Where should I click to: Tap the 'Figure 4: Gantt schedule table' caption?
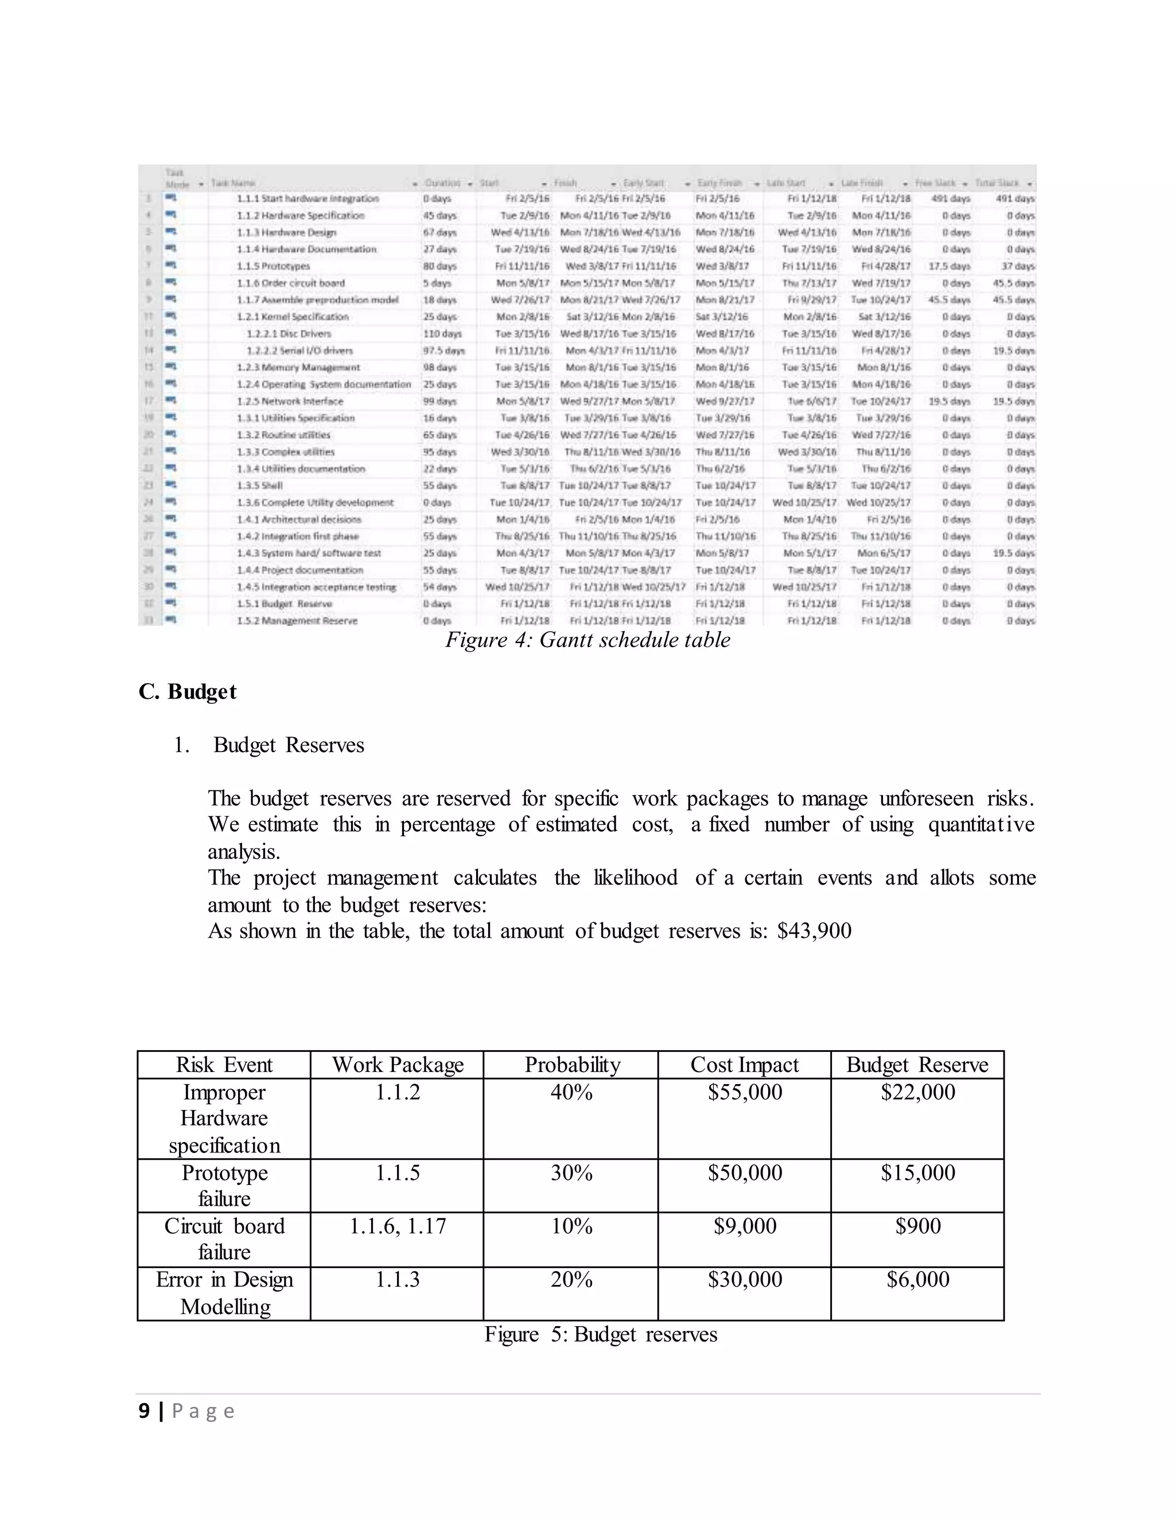click(x=587, y=640)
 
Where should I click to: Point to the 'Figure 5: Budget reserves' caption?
click(x=601, y=1334)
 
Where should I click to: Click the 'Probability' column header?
click(x=571, y=1065)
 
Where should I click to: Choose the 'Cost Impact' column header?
click(x=744, y=1065)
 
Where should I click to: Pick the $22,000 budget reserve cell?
click(x=917, y=1092)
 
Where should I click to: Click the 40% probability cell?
click(x=571, y=1092)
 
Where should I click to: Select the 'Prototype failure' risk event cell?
click(x=224, y=1185)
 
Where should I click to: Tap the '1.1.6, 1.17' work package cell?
click(x=398, y=1226)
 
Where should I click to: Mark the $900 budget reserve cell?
click(x=917, y=1226)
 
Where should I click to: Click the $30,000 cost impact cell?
click(x=744, y=1279)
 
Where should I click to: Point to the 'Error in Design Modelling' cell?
click(x=224, y=1292)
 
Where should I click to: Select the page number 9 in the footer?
click(x=144, y=1411)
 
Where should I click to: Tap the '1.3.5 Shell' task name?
click(x=260, y=486)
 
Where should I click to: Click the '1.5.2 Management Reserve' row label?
click(x=297, y=621)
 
